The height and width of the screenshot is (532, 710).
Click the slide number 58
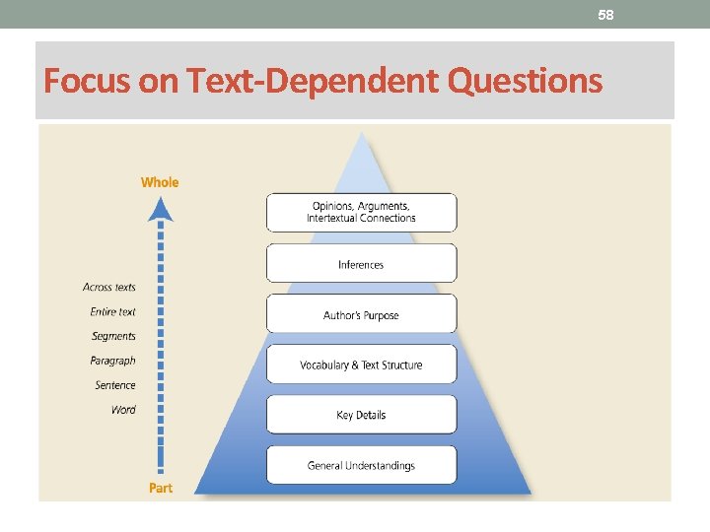[605, 14]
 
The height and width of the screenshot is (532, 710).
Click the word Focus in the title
[87, 80]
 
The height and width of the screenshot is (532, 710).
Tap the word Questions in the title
[524, 80]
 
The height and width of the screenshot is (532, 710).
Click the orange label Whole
[160, 181]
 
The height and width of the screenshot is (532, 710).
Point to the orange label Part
[160, 488]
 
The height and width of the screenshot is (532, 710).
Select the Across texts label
[109, 287]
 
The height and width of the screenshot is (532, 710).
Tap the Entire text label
[112, 311]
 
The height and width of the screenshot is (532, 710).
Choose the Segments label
[113, 336]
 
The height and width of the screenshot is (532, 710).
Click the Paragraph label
[112, 361]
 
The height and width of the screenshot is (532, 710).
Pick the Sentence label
[115, 385]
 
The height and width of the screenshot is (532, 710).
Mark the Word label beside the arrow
[123, 410]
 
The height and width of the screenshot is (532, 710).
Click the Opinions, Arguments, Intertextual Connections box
[361, 212]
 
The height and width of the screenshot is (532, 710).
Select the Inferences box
[361, 264]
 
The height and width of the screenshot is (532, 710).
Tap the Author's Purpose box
[361, 315]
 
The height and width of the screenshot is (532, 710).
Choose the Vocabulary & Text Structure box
[361, 365]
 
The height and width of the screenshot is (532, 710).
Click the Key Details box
[361, 415]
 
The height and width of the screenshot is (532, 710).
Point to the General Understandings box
[361, 465]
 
